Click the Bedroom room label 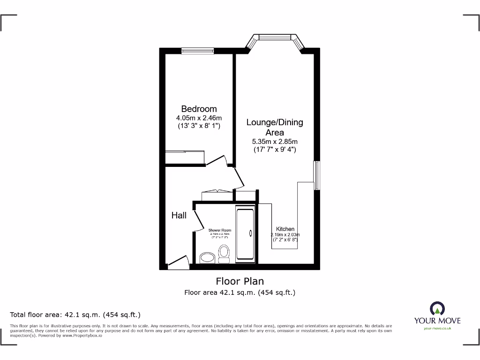click(x=199, y=109)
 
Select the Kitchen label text click(x=285, y=229)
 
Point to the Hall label click(x=179, y=216)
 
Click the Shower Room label click(x=220, y=230)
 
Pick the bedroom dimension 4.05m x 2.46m click(x=199, y=118)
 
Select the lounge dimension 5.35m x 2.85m click(x=275, y=142)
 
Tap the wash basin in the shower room click(x=207, y=257)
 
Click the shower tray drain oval click(x=250, y=233)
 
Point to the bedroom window click(x=197, y=51)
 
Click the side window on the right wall click(x=317, y=175)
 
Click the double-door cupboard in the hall click(x=217, y=192)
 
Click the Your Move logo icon click(x=437, y=308)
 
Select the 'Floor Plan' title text click(x=240, y=281)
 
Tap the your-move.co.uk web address click(x=437, y=329)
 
